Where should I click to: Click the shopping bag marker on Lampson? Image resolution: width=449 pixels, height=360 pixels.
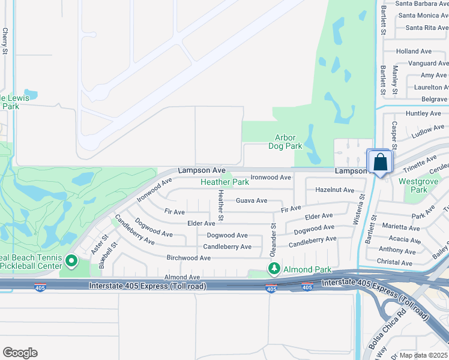(380, 162)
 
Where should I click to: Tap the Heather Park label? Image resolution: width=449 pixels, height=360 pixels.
(224, 182)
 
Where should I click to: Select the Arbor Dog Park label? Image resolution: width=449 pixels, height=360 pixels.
(285, 142)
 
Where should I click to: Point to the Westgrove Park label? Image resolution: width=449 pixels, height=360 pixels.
(414, 185)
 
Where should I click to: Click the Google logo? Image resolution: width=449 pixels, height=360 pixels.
(20, 353)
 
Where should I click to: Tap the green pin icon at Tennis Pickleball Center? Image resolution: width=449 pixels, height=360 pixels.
(71, 261)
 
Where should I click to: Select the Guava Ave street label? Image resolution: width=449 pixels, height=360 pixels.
(252, 200)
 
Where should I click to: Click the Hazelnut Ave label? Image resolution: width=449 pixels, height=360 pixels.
(334, 190)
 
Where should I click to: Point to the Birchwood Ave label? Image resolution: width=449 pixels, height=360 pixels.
(188, 258)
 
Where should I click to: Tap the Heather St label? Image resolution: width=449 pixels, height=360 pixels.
(221, 204)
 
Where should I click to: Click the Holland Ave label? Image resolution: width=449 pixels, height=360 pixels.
(414, 52)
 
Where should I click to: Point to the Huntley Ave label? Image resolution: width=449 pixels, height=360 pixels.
(423, 113)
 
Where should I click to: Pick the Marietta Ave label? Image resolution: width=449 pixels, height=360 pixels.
(401, 228)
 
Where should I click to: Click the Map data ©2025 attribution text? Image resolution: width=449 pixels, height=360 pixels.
(424, 355)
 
